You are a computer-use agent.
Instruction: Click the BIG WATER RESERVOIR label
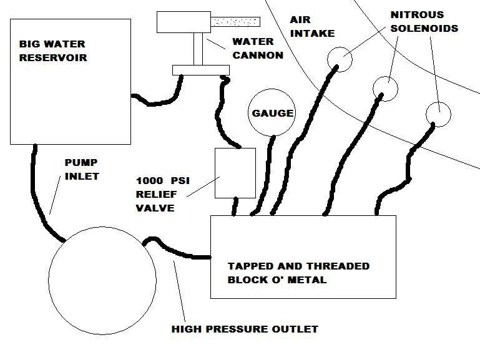[52, 51]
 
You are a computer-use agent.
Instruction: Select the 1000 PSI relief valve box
[235, 172]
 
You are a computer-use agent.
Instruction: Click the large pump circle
[102, 281]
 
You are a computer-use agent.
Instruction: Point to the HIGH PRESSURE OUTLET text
[245, 329]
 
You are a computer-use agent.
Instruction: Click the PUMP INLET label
[82, 170]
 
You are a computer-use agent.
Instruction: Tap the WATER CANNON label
[258, 49]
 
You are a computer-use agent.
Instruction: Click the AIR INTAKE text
[312, 27]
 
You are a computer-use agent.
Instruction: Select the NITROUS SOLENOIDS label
[424, 21]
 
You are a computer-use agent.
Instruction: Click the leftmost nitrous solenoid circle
[340, 59]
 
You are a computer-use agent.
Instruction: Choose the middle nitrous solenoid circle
[385, 88]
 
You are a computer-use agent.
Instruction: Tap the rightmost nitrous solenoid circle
[438, 114]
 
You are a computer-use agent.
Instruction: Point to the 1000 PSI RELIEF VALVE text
[163, 195]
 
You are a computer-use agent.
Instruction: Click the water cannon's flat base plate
[200, 69]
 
